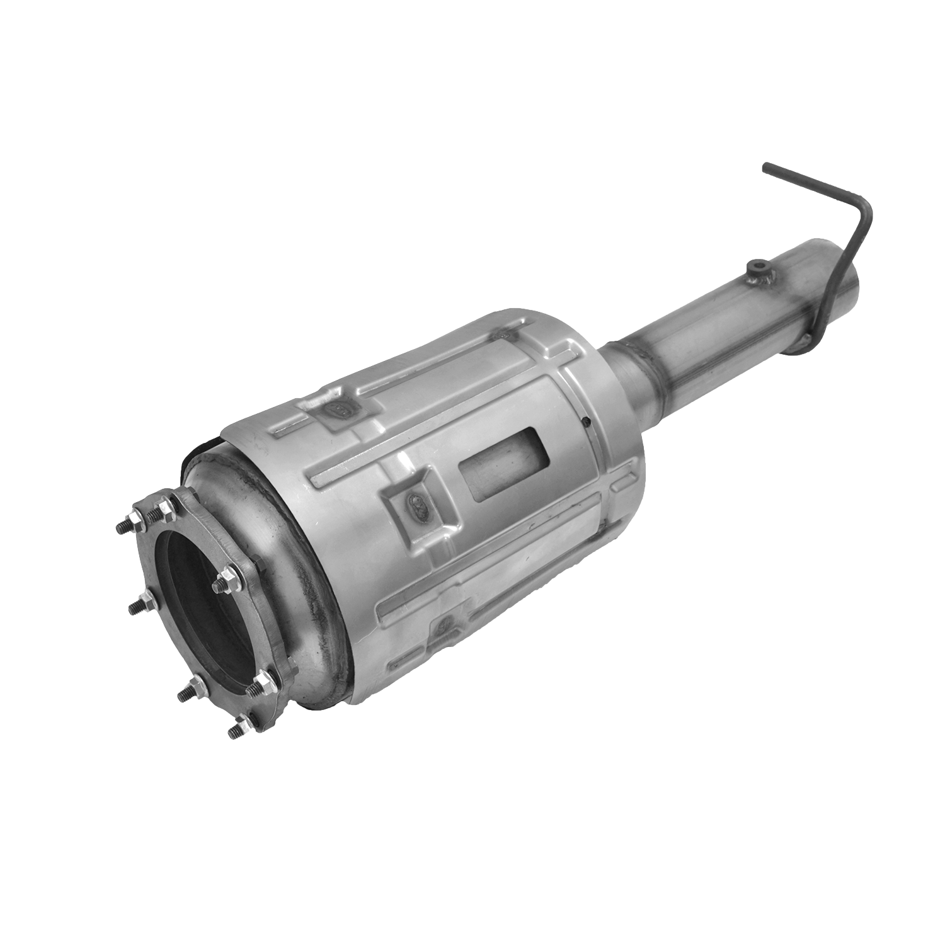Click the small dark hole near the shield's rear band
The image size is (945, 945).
tap(586, 421)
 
